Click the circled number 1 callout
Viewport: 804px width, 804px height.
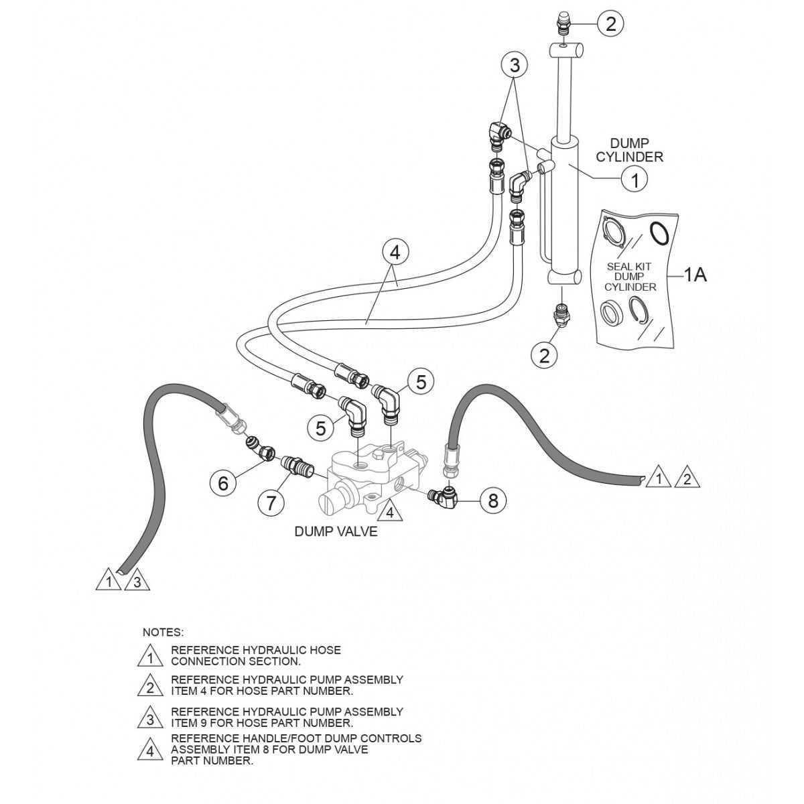(634, 179)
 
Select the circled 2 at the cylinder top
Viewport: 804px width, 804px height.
(610, 23)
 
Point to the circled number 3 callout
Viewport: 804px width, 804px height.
(515, 65)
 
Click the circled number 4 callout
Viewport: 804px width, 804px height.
(395, 253)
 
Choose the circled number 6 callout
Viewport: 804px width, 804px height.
(223, 481)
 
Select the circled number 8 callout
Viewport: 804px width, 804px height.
(493, 500)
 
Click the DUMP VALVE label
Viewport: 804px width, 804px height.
(336, 532)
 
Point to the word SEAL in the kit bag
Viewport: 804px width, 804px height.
(620, 266)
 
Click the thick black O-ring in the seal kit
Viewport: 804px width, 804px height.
(660, 233)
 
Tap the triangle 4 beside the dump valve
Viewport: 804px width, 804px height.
(389, 513)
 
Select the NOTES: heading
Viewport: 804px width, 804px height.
(163, 632)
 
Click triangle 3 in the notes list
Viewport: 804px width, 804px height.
(150, 719)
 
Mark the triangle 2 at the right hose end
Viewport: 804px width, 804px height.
(686, 479)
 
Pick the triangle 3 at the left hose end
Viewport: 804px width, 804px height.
(136, 580)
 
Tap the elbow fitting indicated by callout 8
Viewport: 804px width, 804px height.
(444, 495)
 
